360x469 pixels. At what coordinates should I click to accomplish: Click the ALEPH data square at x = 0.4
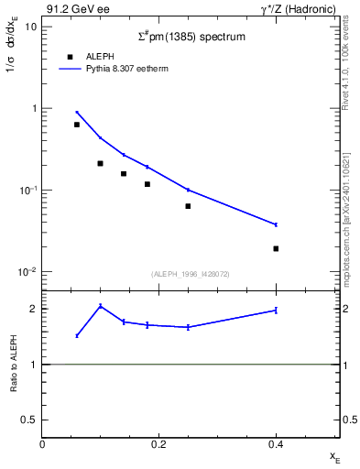click(276, 248)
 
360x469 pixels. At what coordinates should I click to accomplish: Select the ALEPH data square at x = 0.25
click(188, 206)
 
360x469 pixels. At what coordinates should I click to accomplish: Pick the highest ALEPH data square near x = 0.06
click(77, 125)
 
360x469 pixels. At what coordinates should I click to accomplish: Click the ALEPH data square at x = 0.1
click(100, 163)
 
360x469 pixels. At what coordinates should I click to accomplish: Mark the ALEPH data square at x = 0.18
click(147, 184)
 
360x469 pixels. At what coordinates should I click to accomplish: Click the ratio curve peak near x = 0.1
click(100, 306)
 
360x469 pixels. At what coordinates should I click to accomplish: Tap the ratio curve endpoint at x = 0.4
click(276, 311)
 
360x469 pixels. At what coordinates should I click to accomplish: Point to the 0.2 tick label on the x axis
click(158, 443)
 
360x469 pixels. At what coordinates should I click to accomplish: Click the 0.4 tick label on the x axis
click(276, 443)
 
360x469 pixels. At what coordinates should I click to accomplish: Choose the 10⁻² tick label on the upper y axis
click(27, 272)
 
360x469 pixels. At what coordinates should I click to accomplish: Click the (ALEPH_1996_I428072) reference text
click(190, 274)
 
